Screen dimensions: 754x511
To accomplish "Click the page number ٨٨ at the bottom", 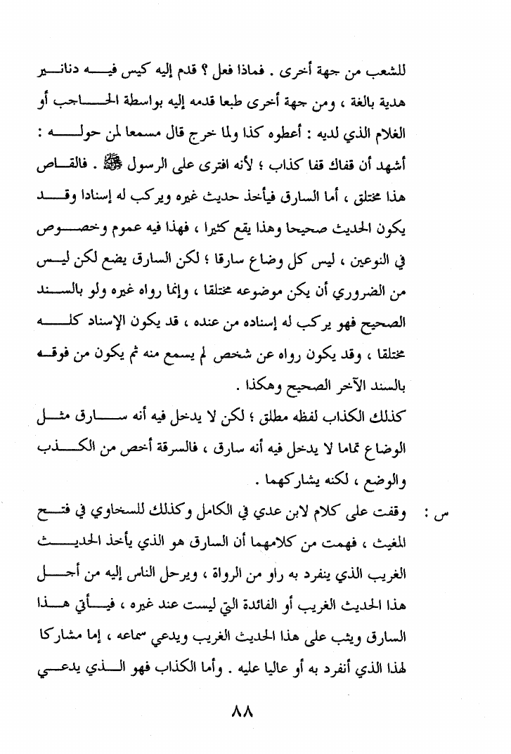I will [241, 712].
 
